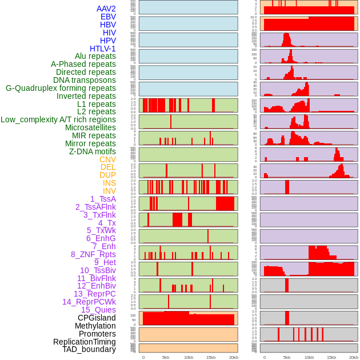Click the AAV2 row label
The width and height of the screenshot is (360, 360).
click(106, 9)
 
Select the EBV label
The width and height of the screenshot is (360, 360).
click(108, 17)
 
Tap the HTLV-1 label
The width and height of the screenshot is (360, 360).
click(102, 49)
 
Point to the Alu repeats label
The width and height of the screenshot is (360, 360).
click(95, 57)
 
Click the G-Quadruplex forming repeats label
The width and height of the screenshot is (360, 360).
click(61, 88)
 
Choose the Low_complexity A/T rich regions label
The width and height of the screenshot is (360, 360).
click(58, 119)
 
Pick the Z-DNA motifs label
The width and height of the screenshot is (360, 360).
click(92, 151)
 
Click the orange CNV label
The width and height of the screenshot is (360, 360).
click(107, 159)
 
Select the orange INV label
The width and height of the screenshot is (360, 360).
click(109, 191)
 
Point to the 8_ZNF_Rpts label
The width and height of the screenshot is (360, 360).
click(93, 254)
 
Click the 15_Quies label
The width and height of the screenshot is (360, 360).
click(98, 310)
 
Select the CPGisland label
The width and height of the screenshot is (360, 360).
click(97, 318)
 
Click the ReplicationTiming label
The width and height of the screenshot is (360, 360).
click(84, 342)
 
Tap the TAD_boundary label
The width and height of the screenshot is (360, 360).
click(89, 349)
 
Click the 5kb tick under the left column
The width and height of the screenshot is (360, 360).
click(166, 357)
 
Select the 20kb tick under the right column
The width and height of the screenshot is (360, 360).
click(354, 357)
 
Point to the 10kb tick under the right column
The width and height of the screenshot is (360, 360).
click(309, 357)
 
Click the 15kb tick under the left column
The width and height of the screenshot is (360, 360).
click(210, 357)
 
